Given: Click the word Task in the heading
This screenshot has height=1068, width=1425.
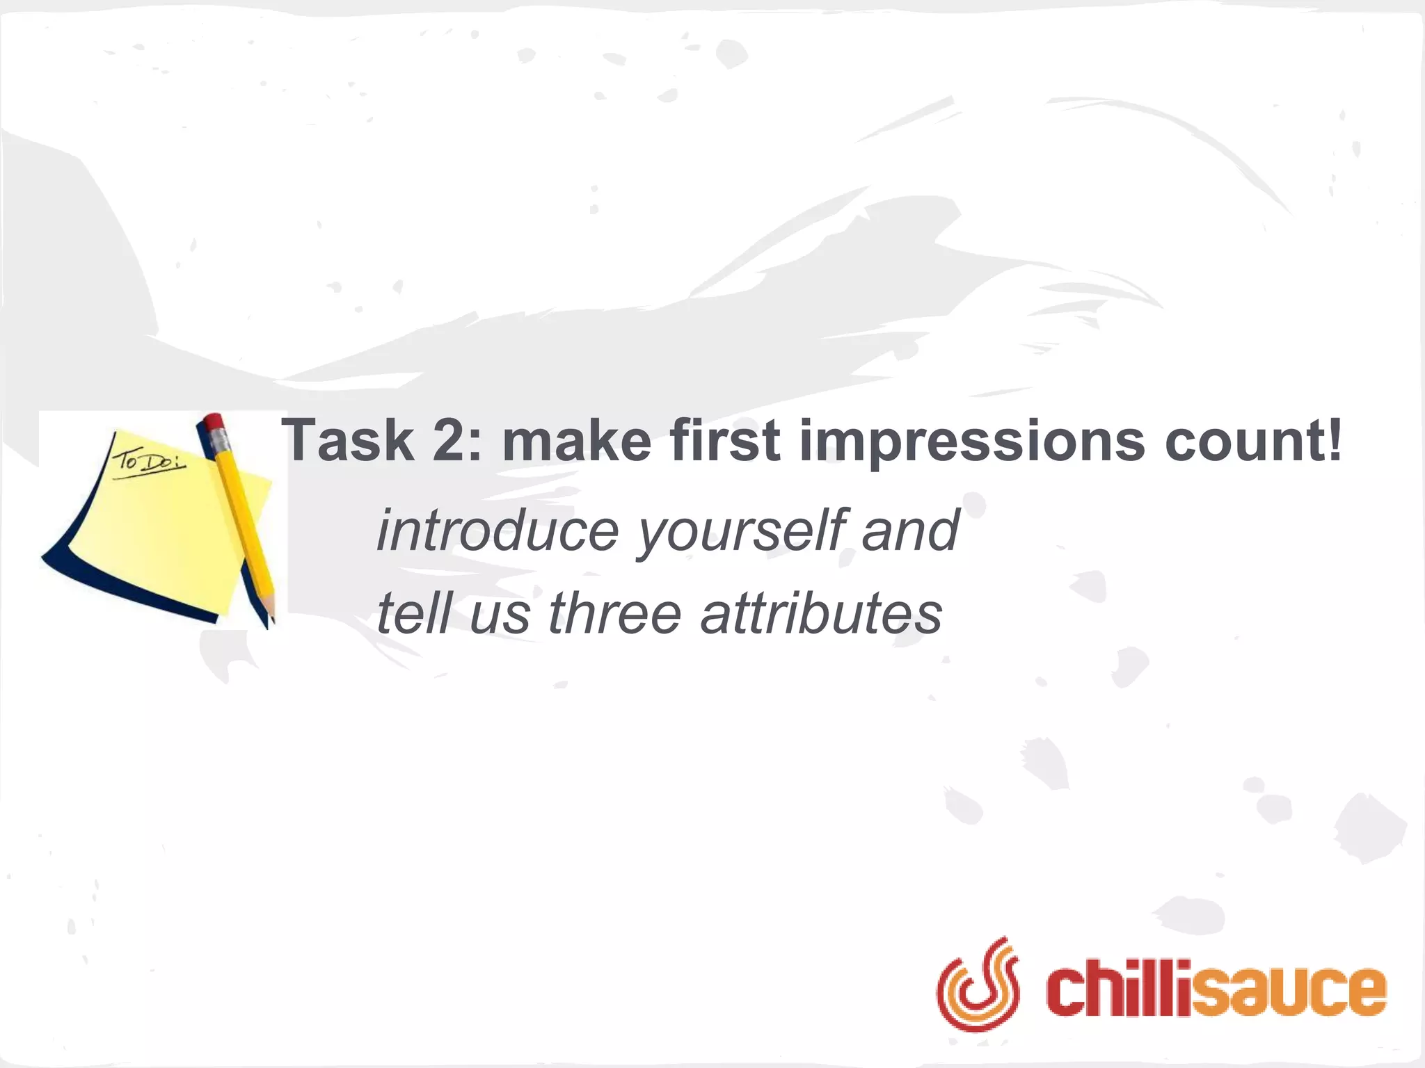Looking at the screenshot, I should pyautogui.click(x=347, y=441).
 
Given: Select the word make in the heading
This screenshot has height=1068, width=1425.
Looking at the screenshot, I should pyautogui.click(x=577, y=441).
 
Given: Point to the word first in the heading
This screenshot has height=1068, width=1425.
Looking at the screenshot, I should pyautogui.click(x=724, y=441).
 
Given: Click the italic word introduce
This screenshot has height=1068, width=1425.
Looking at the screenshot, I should pyautogui.click(x=497, y=531).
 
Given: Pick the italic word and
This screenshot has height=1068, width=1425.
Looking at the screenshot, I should pyautogui.click(x=911, y=531).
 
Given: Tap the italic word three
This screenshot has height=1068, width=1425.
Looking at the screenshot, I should pyautogui.click(x=615, y=613).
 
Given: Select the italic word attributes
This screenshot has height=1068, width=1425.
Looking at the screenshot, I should pyautogui.click(x=821, y=613).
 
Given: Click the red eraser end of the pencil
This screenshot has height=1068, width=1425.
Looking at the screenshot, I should pyautogui.click(x=214, y=421).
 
